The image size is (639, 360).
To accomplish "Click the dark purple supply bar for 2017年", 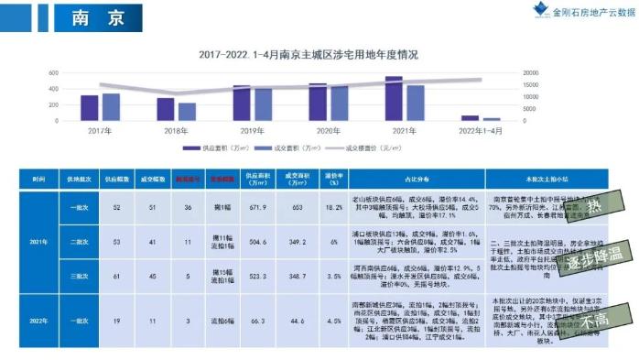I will click(90, 108).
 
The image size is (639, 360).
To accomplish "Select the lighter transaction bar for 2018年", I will click(187, 111).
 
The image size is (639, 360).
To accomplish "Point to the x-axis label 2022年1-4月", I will click(480, 132).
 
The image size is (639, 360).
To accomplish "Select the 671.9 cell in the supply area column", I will click(253, 208).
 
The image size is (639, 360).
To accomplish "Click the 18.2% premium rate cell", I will click(333, 208).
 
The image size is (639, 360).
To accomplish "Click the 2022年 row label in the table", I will click(38, 321).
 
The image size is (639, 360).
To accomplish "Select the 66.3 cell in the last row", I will click(253, 321).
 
